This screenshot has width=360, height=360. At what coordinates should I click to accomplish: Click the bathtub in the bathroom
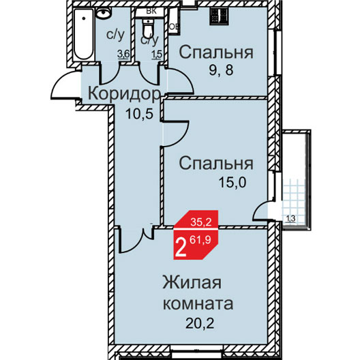[84, 34]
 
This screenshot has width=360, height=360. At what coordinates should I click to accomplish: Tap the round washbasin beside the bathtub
[104, 12]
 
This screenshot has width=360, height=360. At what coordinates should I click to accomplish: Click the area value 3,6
[123, 55]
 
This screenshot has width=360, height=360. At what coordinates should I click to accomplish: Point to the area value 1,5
[157, 55]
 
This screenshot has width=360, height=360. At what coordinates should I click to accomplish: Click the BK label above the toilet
[151, 11]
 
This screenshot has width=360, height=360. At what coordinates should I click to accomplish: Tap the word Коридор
[125, 93]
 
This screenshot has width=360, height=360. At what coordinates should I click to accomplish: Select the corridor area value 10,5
[139, 114]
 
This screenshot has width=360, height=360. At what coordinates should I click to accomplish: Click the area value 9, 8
[221, 70]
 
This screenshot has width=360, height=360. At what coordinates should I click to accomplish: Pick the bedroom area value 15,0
[232, 183]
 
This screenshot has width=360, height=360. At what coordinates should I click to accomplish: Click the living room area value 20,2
[200, 323]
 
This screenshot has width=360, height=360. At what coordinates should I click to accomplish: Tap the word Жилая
[192, 282]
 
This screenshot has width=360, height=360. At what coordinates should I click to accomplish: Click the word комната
[198, 303]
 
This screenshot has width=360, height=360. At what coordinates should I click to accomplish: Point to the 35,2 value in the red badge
[200, 222]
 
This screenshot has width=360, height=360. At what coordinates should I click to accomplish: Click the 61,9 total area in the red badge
[200, 240]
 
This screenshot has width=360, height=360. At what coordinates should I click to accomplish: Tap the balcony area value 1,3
[290, 219]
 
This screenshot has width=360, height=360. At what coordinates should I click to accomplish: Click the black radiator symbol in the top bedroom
[219, 16]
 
